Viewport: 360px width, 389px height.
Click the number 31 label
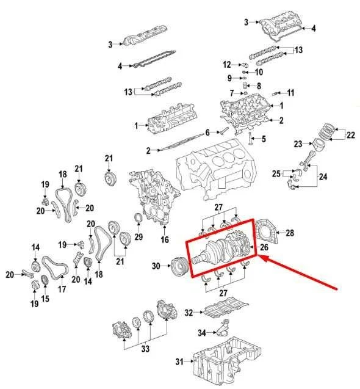tap(179, 362)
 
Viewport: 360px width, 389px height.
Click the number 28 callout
tap(290, 233)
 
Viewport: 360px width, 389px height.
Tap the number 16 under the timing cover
tap(164, 239)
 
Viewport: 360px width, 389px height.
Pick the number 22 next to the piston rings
tap(350, 134)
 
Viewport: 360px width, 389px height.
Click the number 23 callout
tap(298, 144)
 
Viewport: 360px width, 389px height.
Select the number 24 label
tap(323, 176)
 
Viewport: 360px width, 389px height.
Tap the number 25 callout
tap(276, 174)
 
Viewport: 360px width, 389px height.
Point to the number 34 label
tap(202, 333)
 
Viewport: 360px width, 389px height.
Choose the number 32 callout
tap(189, 313)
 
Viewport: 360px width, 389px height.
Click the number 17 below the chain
tap(62, 289)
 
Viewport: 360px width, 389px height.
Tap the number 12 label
tap(227, 64)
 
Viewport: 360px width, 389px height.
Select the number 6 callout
tap(207, 133)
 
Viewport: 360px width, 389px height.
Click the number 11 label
tap(290, 93)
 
